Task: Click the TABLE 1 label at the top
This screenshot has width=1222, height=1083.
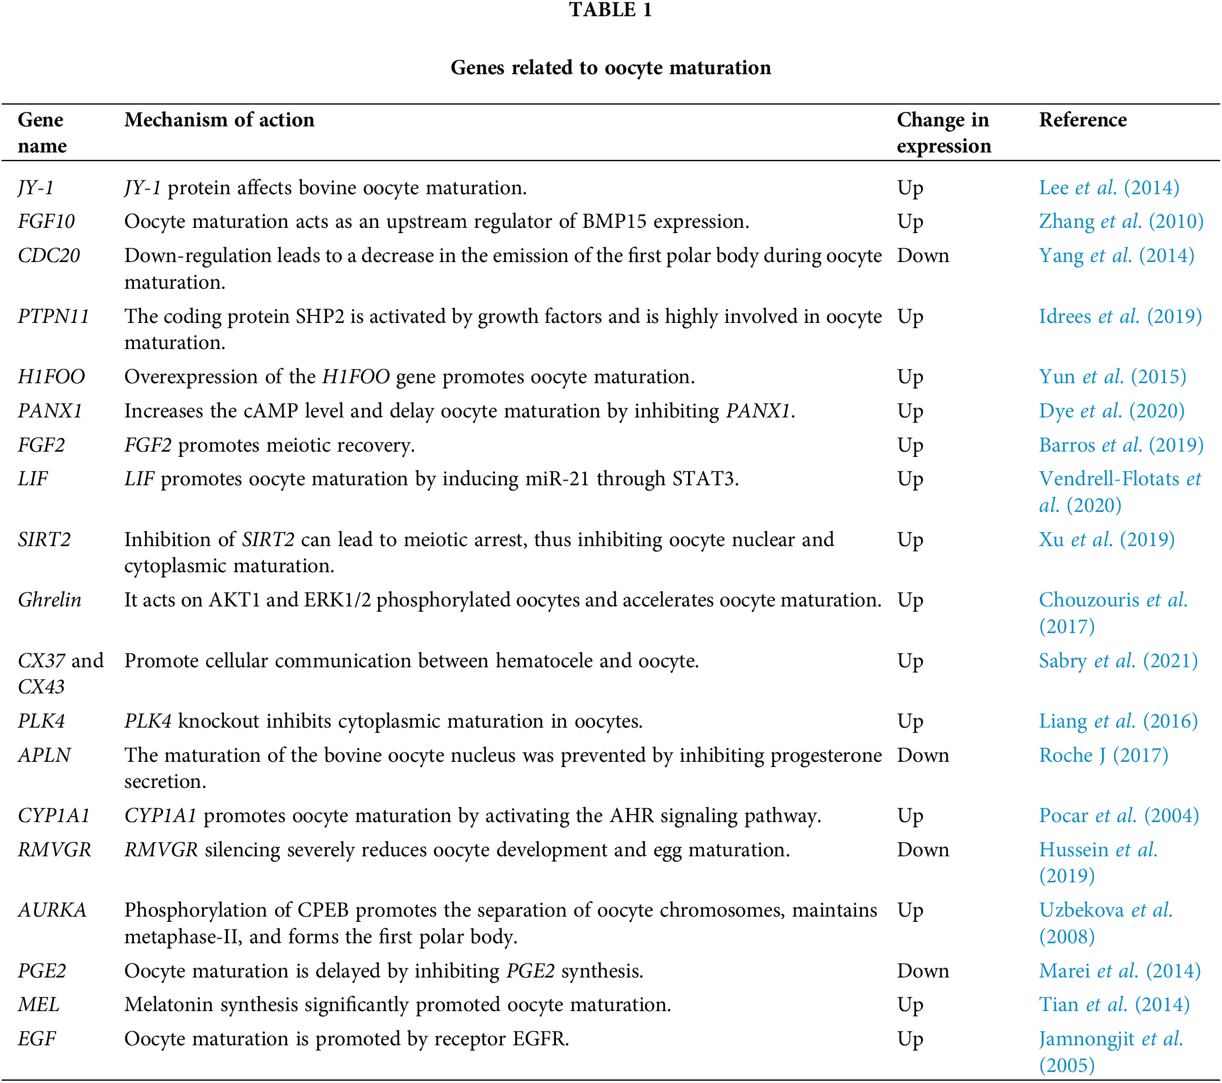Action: point(610,10)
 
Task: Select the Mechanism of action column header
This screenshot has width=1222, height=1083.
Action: point(219,120)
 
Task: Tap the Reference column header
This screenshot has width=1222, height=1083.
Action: point(1082,120)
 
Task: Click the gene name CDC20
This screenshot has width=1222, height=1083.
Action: point(49,256)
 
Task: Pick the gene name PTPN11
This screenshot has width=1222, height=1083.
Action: point(53,317)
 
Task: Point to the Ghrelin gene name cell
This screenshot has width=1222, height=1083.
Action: point(49,600)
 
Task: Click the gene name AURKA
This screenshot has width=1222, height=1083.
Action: point(52,910)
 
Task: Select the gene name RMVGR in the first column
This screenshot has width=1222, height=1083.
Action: point(54,850)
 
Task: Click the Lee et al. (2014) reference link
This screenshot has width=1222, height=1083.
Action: point(1108,188)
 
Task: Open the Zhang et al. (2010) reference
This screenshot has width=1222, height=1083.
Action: point(1121,222)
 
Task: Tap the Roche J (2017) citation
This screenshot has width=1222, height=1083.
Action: point(1103,755)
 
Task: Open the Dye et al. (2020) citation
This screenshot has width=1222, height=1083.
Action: point(1111,412)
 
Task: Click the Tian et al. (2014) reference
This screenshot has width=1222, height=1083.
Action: point(1114,1005)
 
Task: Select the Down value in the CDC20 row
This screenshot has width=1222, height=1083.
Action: point(922,256)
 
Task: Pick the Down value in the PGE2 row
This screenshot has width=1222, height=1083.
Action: point(922,971)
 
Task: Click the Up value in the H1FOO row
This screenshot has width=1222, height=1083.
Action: point(910,377)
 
